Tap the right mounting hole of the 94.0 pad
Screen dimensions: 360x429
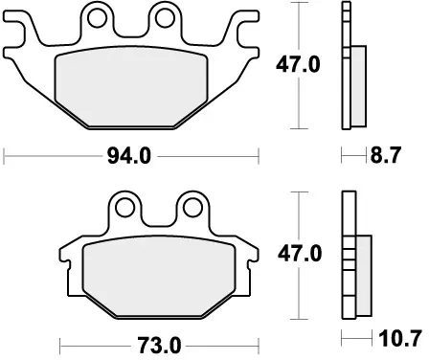167,16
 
